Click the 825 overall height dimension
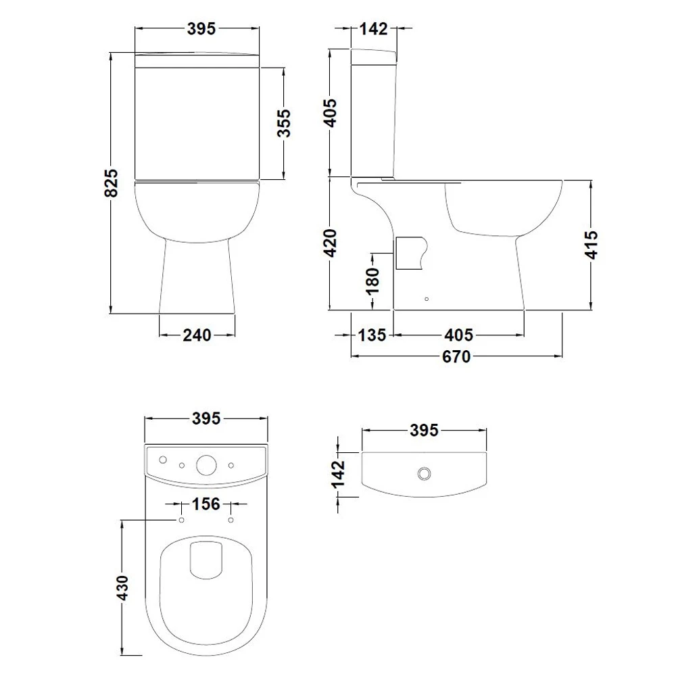[114, 183]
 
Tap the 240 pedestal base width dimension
[197, 335]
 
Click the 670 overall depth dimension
[457, 357]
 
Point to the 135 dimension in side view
[372, 335]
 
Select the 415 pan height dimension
[591, 245]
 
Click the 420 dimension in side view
[330, 243]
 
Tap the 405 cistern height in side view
[330, 112]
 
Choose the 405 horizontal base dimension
[459, 335]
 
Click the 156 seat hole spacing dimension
[206, 504]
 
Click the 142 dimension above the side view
[374, 29]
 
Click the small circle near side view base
[426, 297]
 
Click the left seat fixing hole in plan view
[181, 519]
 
